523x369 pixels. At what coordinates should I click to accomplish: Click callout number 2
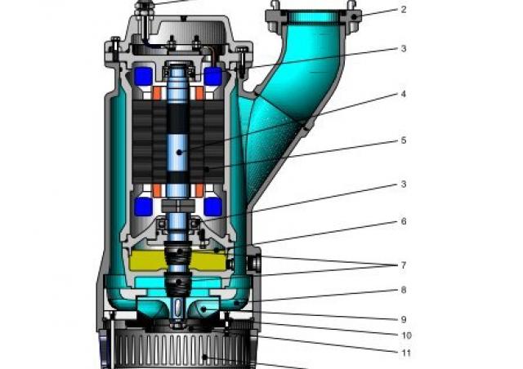pyautogui.click(x=404, y=9)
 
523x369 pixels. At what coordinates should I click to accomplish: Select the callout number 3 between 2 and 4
pyautogui.click(x=404, y=49)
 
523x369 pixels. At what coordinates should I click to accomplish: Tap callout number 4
pyautogui.click(x=404, y=94)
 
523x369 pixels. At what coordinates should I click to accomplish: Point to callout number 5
pyautogui.click(x=404, y=140)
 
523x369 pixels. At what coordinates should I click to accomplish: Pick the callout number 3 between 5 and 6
pyautogui.click(x=404, y=184)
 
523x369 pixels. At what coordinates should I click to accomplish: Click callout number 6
pyautogui.click(x=404, y=221)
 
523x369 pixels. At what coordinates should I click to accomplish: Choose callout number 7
pyautogui.click(x=404, y=265)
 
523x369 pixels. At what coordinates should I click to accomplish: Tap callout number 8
pyautogui.click(x=404, y=290)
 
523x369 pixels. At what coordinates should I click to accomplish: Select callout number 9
pyautogui.click(x=404, y=319)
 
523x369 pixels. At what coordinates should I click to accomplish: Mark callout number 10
pyautogui.click(x=406, y=336)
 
